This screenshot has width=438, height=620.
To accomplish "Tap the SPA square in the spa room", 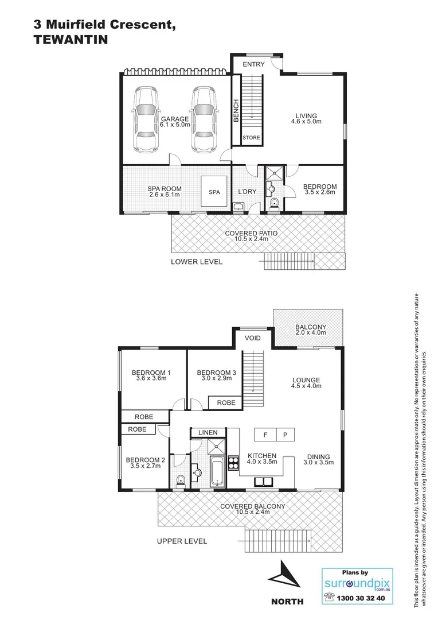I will [x=214, y=192].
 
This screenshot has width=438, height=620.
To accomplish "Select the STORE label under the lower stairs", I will [x=251, y=138].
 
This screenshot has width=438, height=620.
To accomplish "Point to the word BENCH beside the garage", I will [x=236, y=110].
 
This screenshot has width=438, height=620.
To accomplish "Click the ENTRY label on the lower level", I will [x=253, y=64].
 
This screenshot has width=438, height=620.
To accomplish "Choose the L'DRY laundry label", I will [x=247, y=192].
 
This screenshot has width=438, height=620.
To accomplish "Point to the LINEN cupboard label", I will [x=208, y=432].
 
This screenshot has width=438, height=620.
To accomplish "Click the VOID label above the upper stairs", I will [x=252, y=338].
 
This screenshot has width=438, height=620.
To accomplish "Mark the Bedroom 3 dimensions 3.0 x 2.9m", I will [x=211, y=379].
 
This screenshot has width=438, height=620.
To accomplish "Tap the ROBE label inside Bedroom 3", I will [x=226, y=403].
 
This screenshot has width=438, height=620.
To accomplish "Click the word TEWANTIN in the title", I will [x=67, y=40].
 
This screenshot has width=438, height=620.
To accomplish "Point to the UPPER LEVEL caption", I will [x=182, y=541].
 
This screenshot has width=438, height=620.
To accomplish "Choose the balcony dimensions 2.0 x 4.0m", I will [x=310, y=332].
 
